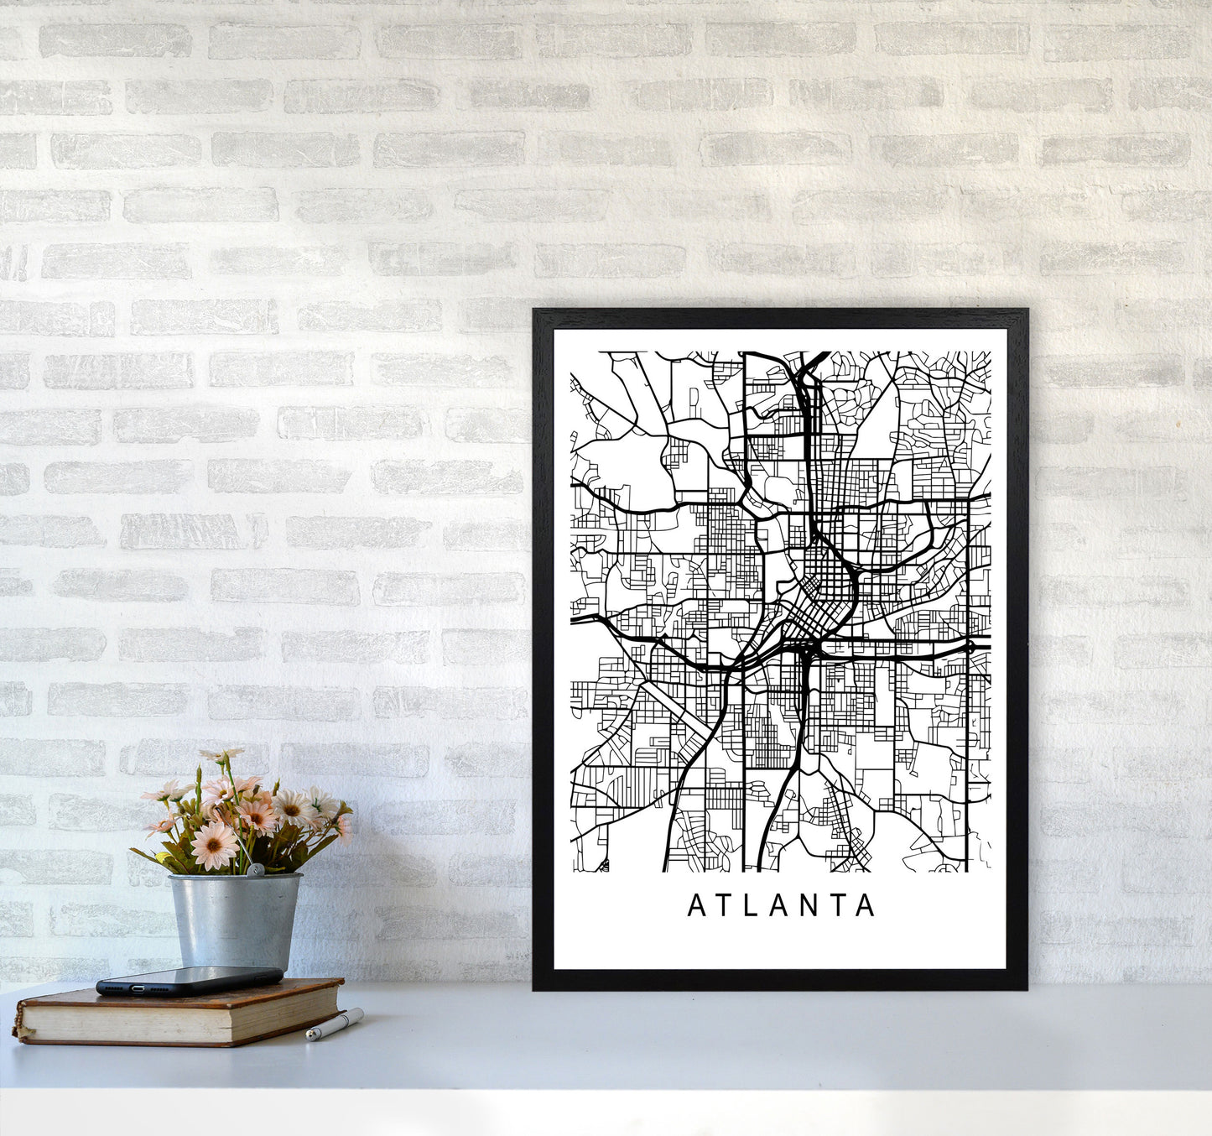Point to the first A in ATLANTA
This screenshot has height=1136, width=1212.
tap(696, 906)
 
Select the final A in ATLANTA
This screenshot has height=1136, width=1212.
tap(866, 906)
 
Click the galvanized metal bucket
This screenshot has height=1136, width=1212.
tap(234, 920)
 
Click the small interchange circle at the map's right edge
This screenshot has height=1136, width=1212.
tap(970, 647)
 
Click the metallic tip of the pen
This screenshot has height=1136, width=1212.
tap(310, 1037)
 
